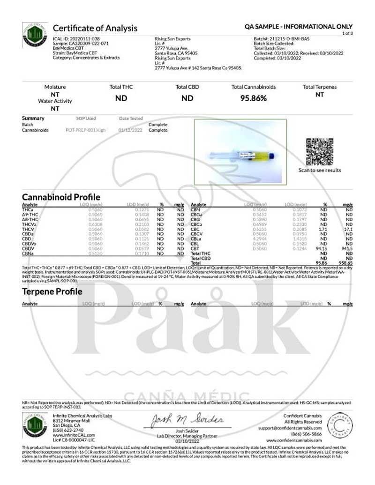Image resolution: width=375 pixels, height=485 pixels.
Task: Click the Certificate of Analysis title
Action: point(95,28)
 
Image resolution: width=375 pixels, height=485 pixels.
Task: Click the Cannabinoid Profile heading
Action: point(61,197)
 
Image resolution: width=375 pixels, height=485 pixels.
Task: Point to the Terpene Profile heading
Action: point(52,291)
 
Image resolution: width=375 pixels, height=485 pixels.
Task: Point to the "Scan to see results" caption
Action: point(320,171)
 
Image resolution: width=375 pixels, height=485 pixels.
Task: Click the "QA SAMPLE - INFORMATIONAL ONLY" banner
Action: point(299,27)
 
